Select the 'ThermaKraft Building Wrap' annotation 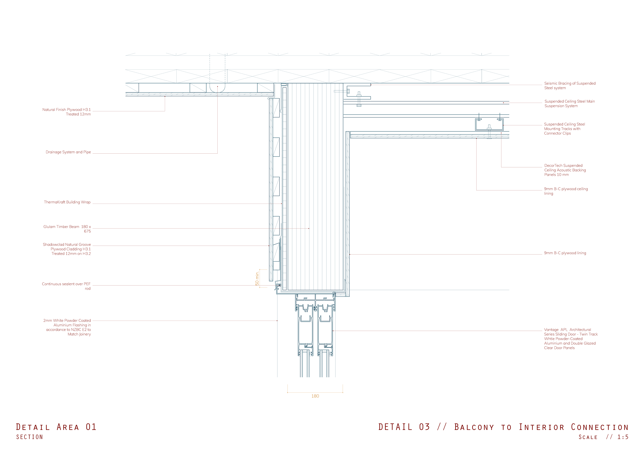67,202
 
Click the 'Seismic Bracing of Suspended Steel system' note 570,85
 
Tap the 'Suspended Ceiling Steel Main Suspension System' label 569,103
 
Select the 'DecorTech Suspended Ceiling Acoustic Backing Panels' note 565,170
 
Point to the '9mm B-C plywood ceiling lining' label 566,191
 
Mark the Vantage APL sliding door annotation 571,339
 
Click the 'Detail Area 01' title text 56,427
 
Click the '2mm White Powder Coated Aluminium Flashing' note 67,327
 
